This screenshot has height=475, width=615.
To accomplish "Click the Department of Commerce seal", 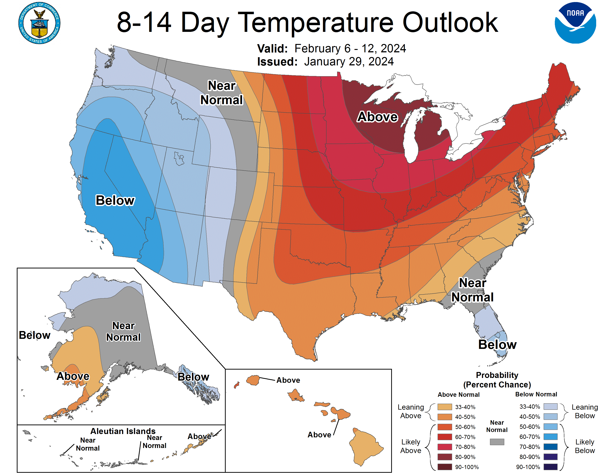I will coord(40,23).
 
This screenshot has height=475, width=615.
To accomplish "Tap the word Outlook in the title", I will coord(450,23).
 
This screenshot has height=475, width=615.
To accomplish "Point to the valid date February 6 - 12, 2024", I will coord(350,49).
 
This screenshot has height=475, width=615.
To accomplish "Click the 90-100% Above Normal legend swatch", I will coord(445,467).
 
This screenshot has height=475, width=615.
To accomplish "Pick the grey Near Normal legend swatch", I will coord(497,442).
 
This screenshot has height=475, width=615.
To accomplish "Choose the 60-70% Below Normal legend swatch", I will coord(550,437).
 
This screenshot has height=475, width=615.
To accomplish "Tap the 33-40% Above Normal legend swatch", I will coord(445,407).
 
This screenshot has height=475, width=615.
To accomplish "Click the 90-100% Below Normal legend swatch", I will coord(550,467).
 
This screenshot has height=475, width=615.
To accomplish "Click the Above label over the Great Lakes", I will coord(377,117).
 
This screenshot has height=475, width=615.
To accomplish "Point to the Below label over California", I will coord(115,200).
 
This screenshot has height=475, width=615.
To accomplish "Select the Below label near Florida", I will coord(497,344).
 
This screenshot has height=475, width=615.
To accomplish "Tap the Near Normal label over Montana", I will coord(222,93).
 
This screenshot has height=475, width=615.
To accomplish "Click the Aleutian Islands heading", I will coord(123,431).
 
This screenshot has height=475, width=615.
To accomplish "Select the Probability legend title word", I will coord(497,375).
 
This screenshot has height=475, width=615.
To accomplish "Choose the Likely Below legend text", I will coord(585,446).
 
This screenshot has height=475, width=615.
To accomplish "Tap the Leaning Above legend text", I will coord(411,411).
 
